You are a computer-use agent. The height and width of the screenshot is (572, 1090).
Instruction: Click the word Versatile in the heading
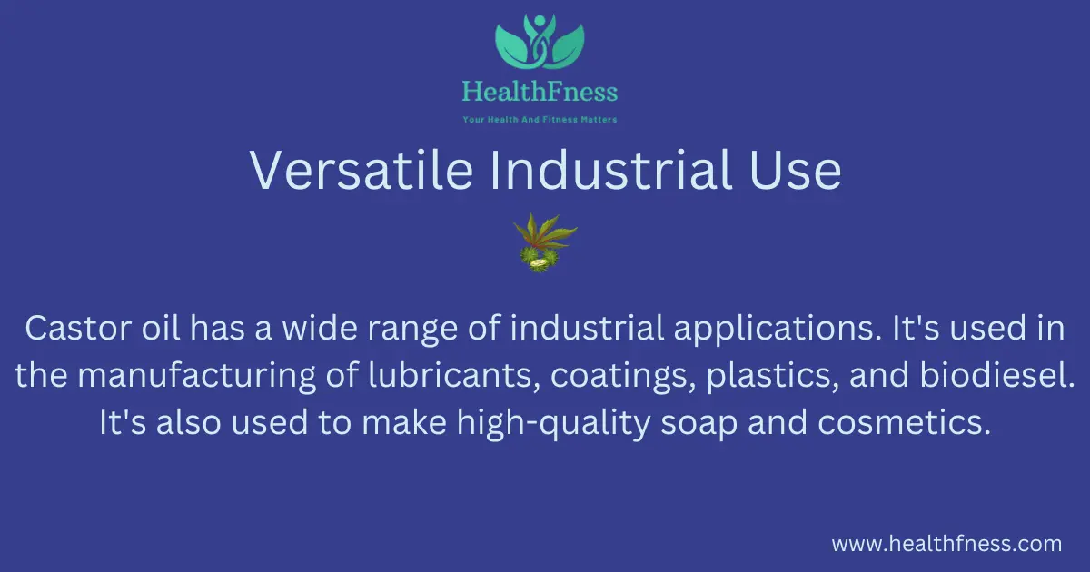point(362,170)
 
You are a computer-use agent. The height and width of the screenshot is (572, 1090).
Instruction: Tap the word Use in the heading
point(796,170)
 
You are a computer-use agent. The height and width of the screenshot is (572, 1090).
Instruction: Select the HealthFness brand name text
point(540,92)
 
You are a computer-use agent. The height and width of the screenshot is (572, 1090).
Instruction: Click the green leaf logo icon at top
point(540,41)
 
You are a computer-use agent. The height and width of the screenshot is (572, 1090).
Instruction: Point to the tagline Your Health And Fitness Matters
point(540,120)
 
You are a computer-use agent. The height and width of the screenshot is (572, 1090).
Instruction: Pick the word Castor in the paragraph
point(78,328)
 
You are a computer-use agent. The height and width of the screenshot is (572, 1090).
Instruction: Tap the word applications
point(778,330)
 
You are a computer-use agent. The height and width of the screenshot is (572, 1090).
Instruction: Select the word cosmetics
point(904,422)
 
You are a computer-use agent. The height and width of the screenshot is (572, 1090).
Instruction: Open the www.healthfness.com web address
point(946,543)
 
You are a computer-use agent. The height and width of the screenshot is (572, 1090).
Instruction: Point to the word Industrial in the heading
point(611,170)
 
